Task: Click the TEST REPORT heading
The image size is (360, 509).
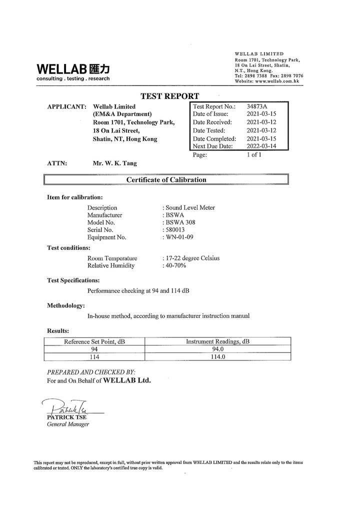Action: (169, 96)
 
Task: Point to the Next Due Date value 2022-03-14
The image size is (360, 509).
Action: (261, 146)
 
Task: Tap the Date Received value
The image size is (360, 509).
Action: (261, 122)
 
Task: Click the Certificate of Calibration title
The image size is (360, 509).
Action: (166, 180)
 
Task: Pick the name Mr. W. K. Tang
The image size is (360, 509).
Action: (114, 163)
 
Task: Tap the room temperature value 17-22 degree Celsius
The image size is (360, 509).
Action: (192, 258)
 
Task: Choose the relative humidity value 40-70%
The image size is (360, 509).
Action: (175, 266)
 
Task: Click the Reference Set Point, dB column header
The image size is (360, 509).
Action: (94, 341)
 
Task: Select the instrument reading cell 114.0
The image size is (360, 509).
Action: (218, 357)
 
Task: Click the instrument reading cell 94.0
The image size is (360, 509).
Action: (217, 349)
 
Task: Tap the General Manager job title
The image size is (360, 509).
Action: (68, 424)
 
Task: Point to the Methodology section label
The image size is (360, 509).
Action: (65, 305)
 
